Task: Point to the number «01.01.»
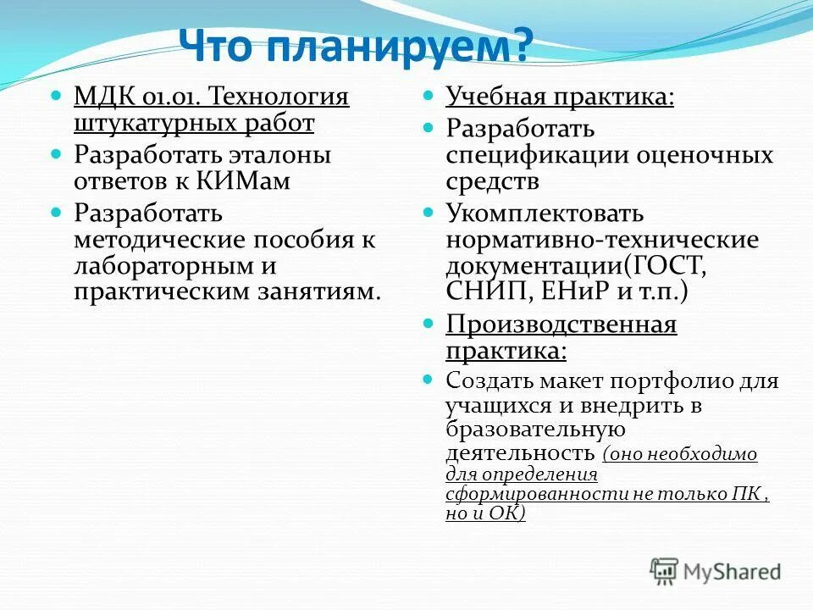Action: (165, 95)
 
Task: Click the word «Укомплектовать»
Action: (545, 213)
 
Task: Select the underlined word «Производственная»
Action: (561, 324)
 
